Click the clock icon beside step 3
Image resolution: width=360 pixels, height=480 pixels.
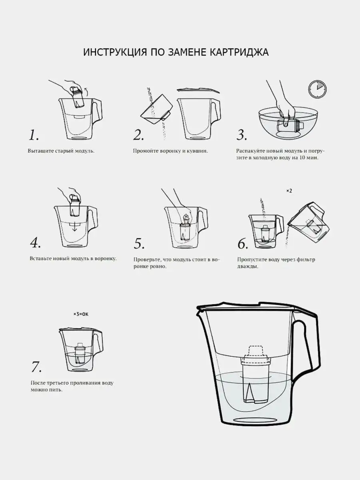coord(317,89)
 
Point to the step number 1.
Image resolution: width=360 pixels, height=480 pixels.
coord(34,135)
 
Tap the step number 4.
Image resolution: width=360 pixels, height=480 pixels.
coord(36,242)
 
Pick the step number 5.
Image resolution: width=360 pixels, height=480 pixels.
coord(139,243)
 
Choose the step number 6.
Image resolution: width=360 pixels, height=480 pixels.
coord(243,244)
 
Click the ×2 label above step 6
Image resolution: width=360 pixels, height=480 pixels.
coord(289,191)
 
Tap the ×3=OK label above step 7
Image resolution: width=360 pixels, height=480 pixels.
coord(81,314)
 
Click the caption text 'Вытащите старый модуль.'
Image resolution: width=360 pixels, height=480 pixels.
coord(61,151)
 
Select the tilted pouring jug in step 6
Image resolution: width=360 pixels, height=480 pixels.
coord(309,221)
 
